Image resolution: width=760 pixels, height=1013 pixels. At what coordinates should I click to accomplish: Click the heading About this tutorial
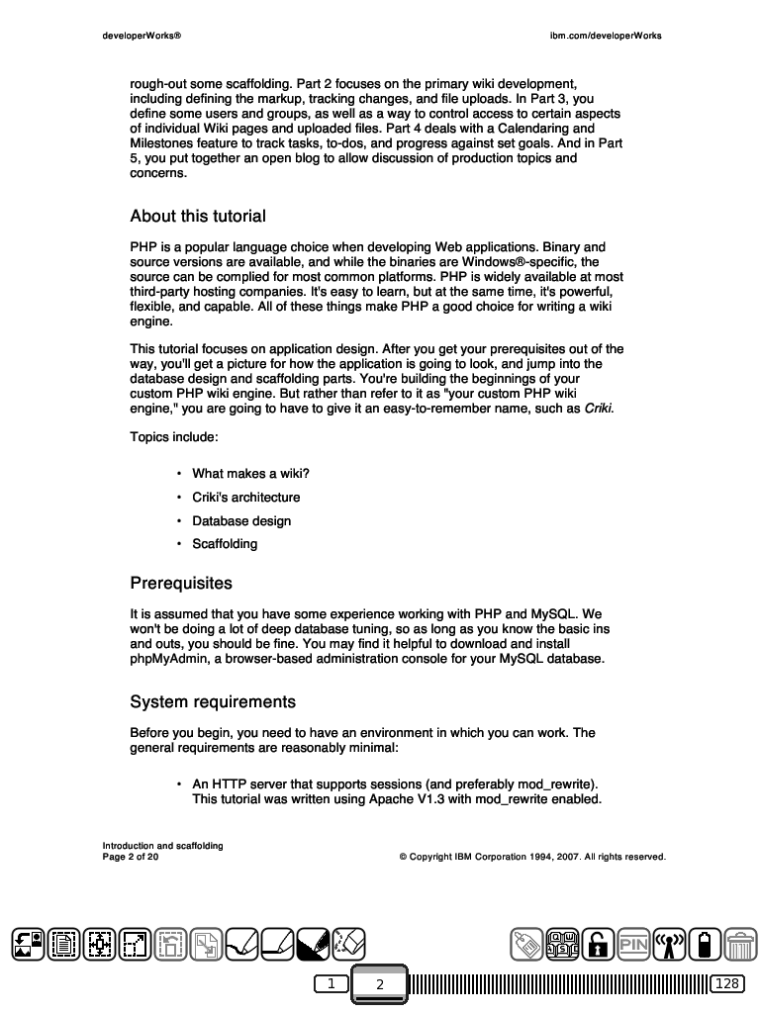[x=198, y=217]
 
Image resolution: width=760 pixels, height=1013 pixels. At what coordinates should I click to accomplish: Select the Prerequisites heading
[x=181, y=584]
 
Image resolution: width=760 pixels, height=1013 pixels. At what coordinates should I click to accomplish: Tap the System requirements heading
[x=213, y=702]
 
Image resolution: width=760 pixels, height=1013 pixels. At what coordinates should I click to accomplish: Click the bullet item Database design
[x=241, y=521]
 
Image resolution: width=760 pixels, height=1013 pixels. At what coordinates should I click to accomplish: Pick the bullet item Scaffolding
[x=225, y=544]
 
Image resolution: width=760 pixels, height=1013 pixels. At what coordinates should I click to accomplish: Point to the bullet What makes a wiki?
[x=250, y=474]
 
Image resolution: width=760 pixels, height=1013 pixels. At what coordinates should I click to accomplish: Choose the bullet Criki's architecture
[x=245, y=498]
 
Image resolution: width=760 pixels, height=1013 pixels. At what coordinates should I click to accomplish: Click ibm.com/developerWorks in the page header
[x=606, y=36]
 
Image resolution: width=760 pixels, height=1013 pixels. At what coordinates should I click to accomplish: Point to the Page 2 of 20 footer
[x=131, y=857]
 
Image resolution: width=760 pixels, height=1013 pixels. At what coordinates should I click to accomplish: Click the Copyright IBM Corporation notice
[x=531, y=857]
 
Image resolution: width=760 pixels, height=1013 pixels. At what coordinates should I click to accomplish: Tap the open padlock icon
[x=597, y=945]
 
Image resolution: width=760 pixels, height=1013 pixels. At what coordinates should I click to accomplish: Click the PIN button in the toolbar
[x=633, y=945]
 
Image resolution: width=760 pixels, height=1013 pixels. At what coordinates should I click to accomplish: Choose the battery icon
[x=705, y=945]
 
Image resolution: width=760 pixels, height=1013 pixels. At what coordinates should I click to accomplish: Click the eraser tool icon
[x=349, y=944]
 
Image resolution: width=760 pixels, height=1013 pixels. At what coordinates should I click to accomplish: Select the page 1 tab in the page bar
[x=332, y=983]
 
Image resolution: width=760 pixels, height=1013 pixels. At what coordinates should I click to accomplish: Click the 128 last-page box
[x=727, y=983]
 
